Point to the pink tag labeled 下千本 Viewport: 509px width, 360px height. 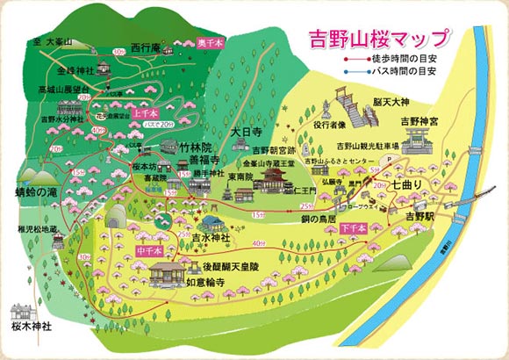352,227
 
